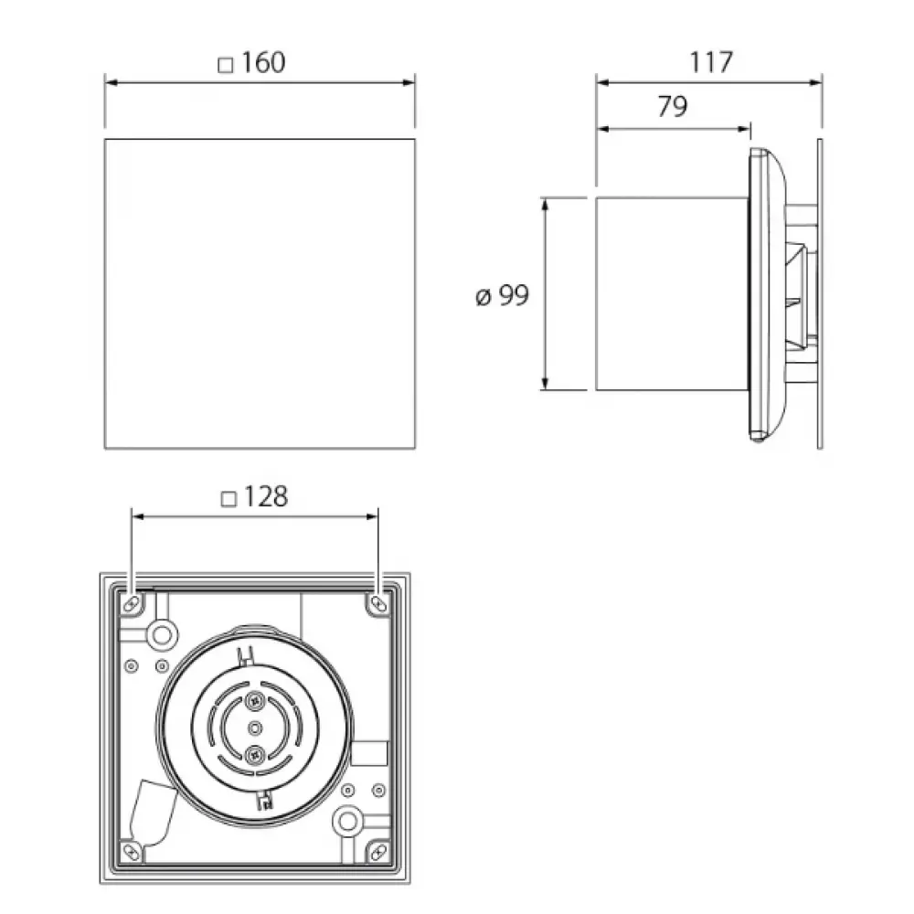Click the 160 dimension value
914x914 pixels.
263,62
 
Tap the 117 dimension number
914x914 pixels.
711,62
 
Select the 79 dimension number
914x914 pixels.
673,106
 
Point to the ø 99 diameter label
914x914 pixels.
503,295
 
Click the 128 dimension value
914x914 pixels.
266,496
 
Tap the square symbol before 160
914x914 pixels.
225,65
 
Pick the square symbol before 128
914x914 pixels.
228,499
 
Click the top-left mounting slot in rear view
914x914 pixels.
133,603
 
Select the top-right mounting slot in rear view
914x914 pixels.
378,603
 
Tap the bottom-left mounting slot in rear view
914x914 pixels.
133,852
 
